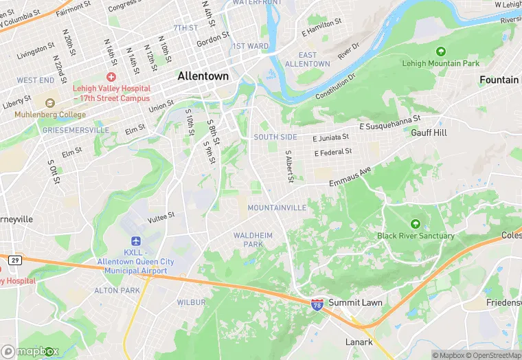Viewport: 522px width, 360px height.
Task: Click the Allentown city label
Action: [203, 77]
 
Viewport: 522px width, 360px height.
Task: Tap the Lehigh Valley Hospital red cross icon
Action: [111, 77]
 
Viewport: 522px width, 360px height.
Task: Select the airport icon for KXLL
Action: [135, 241]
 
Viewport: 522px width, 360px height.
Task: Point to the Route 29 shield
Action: [14, 259]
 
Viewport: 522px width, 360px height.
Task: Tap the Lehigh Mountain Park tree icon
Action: [440, 52]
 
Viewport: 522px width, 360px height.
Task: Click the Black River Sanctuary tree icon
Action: [415, 224]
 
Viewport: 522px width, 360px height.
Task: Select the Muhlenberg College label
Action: [45, 114]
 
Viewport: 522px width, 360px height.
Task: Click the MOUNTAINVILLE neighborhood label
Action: [277, 207]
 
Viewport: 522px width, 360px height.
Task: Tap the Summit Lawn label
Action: [355, 302]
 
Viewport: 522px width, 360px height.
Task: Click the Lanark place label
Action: [359, 342]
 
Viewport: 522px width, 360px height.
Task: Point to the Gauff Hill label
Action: [429, 132]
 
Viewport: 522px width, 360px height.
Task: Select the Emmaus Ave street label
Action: [350, 176]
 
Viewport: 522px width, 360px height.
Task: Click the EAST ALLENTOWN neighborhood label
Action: [307, 59]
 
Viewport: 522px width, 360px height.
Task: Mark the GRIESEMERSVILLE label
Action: [75, 130]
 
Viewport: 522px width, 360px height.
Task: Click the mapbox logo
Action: [30, 351]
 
